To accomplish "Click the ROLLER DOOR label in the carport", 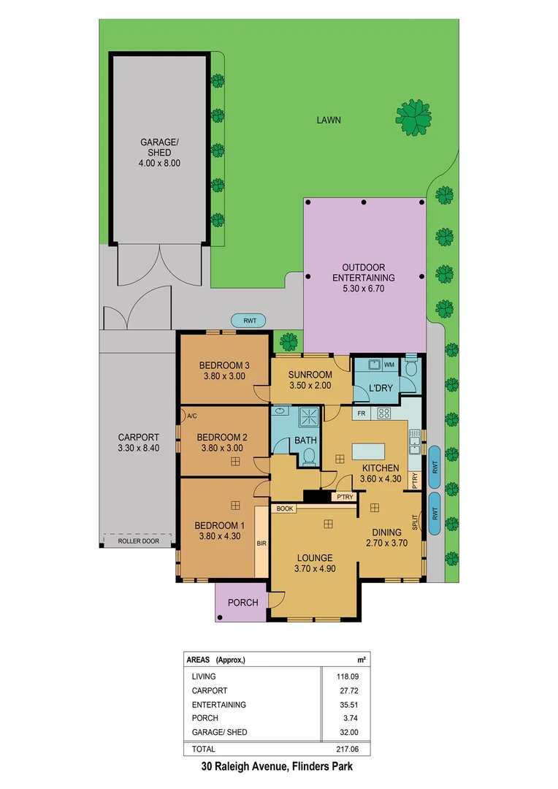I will click(137, 541).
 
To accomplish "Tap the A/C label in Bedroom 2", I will click(192, 416).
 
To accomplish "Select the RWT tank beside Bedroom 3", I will click(249, 320).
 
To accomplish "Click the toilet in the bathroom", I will click(309, 457).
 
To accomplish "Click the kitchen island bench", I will click(374, 451).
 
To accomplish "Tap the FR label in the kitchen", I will click(360, 413).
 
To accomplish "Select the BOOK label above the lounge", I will click(285, 508).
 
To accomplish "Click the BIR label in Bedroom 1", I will click(261, 544).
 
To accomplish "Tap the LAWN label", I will click(329, 120).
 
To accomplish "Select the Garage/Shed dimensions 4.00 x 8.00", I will click(160, 164).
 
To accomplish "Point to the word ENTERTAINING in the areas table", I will click(218, 705).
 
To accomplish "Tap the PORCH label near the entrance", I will click(242, 603).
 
